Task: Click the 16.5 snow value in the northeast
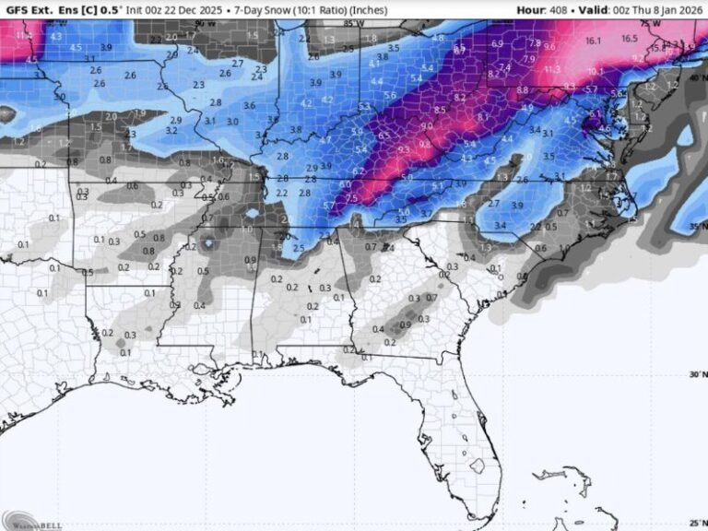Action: coord(629,39)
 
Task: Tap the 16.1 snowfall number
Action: coord(593,41)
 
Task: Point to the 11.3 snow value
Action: coord(552,69)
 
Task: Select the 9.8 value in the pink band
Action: coord(425,144)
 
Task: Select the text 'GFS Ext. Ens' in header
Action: coord(31,9)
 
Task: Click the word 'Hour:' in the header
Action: coord(532,9)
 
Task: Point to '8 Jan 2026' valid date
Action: coord(674,9)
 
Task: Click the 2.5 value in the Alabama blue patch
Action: coord(298,248)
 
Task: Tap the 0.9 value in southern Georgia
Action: coord(406,324)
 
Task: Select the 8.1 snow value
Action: coord(483,117)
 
